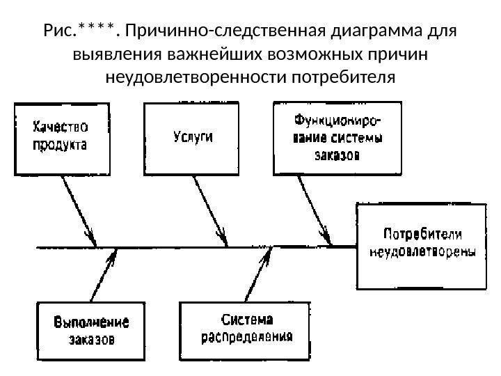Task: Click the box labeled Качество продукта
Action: click(x=61, y=137)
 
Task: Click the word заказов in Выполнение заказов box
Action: click(x=92, y=340)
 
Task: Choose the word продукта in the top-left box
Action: click(x=61, y=146)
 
